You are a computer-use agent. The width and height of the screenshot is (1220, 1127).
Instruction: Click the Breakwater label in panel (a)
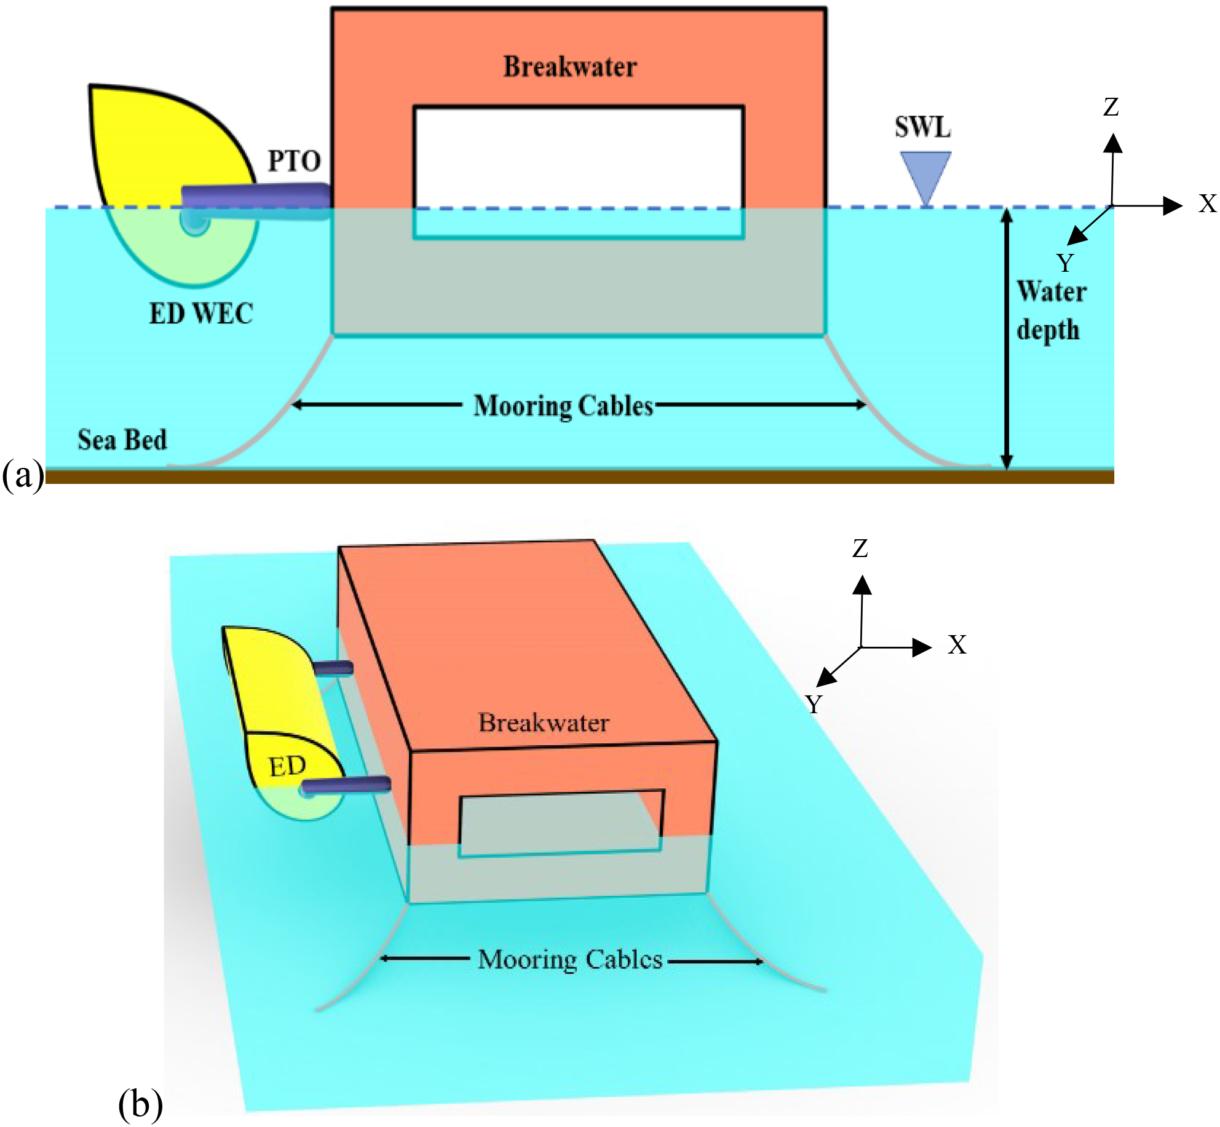point(570,66)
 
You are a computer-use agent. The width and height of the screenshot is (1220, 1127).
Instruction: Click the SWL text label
point(922,127)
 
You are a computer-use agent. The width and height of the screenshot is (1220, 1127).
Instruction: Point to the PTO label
point(294,162)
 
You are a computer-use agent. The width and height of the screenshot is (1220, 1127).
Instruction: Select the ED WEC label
point(201,314)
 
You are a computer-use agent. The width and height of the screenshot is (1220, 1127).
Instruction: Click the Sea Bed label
point(122,440)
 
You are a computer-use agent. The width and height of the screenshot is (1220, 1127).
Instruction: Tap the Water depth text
point(1051,310)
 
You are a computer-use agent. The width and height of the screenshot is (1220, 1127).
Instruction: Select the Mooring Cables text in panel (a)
point(563,406)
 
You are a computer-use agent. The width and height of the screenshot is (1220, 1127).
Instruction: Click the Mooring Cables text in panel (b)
point(570,960)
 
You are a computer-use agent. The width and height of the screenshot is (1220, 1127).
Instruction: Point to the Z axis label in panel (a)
point(1111,107)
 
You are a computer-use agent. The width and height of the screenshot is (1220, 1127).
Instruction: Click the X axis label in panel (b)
point(957,645)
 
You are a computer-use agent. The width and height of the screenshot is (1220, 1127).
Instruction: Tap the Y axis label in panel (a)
point(1065,263)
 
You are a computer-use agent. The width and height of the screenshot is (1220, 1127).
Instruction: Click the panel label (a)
point(23,475)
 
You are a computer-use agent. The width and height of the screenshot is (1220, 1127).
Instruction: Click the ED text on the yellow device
point(287,767)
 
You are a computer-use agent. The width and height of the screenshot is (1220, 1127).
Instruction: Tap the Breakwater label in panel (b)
point(544,722)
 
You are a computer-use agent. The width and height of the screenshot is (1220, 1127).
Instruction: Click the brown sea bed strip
point(578,477)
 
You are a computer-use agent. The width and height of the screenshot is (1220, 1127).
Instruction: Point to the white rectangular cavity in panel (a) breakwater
point(578,157)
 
